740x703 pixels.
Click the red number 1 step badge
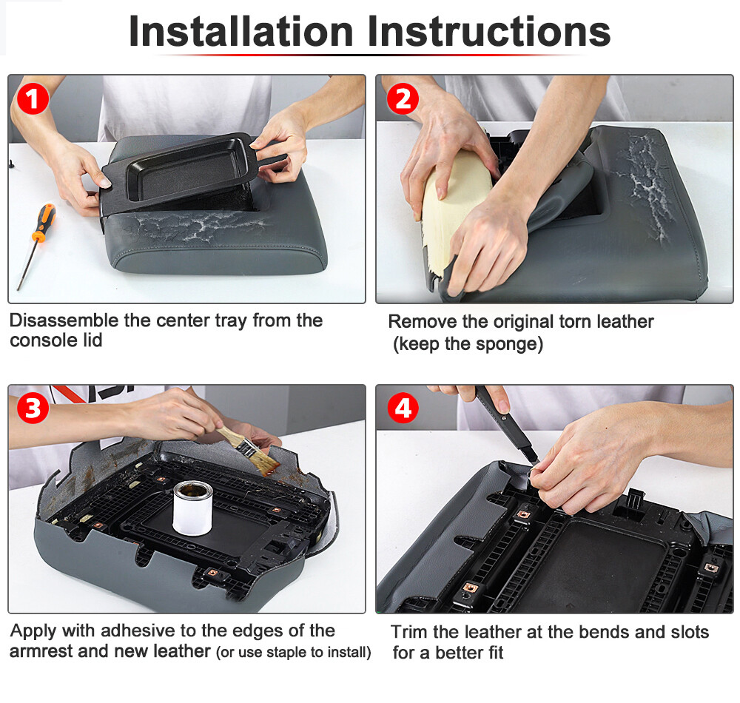(x=33, y=99)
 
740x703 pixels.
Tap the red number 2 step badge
(x=403, y=99)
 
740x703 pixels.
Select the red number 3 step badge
(x=33, y=408)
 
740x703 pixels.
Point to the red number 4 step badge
(x=403, y=408)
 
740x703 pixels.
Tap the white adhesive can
(x=192, y=508)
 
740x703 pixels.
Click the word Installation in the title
(x=240, y=32)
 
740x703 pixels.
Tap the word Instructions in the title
(x=489, y=32)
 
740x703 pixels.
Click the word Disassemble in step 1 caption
(x=64, y=320)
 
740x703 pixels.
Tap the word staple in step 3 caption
(x=287, y=653)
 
